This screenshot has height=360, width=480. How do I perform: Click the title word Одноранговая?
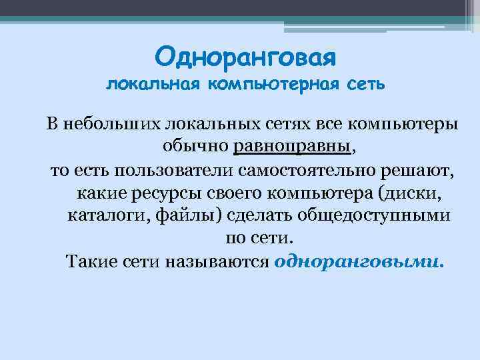[x=246, y=56]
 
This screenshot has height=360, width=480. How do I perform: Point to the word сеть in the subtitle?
[x=367, y=85]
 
